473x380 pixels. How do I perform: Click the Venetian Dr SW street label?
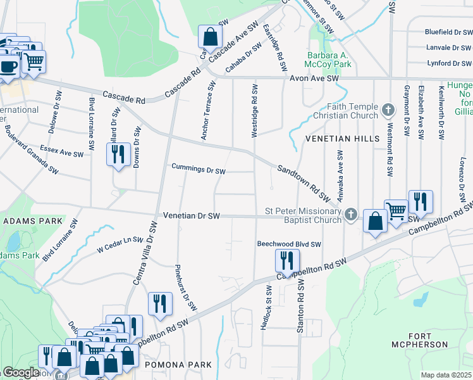(191, 216)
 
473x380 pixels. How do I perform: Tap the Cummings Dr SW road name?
(199, 170)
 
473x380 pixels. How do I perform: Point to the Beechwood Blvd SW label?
(289, 244)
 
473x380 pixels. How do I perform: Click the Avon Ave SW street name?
(314, 77)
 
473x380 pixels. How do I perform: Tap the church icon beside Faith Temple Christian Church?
(389, 111)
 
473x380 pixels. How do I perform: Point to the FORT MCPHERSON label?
(429, 341)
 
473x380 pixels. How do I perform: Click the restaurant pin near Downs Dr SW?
(118, 154)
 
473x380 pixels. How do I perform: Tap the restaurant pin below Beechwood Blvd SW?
(287, 260)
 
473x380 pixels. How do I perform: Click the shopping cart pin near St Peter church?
(396, 210)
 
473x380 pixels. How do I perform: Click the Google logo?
(20, 373)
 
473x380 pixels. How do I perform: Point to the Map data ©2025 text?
(446, 375)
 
